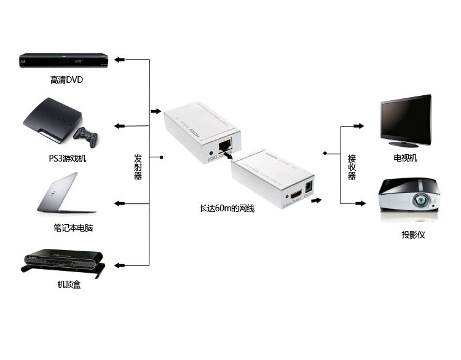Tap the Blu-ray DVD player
pyautogui.click(x=64, y=61)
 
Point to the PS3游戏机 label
pyautogui.click(x=68, y=158)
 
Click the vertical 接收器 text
pyautogui.click(x=352, y=167)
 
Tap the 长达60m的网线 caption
pyautogui.click(x=227, y=208)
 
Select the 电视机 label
pyautogui.click(x=406, y=158)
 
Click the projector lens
pyautogui.click(x=420, y=200)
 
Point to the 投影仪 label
pyautogui.click(x=413, y=235)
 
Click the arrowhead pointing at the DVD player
pyautogui.click(x=119, y=60)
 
